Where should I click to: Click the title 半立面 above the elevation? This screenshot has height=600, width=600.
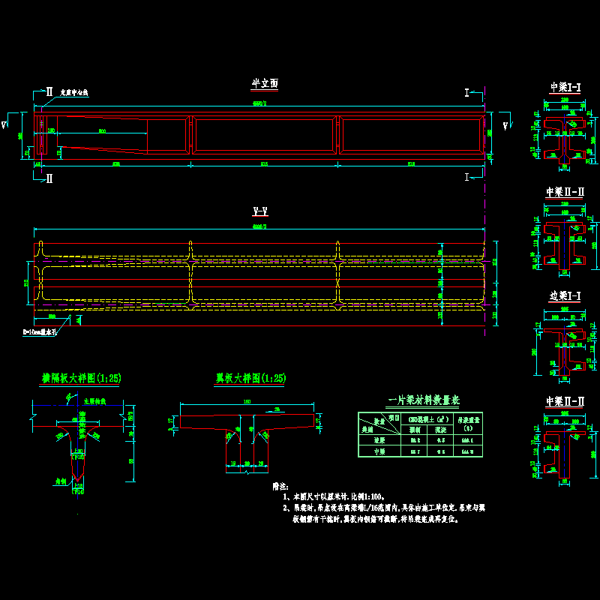pos(265,85)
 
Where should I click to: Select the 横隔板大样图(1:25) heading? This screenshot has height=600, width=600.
pos(79,379)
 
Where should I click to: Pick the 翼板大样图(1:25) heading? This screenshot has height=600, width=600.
pos(250,379)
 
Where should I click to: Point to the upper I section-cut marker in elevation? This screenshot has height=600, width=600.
pos(467,92)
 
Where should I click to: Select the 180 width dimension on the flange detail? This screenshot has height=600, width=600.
pos(245,403)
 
